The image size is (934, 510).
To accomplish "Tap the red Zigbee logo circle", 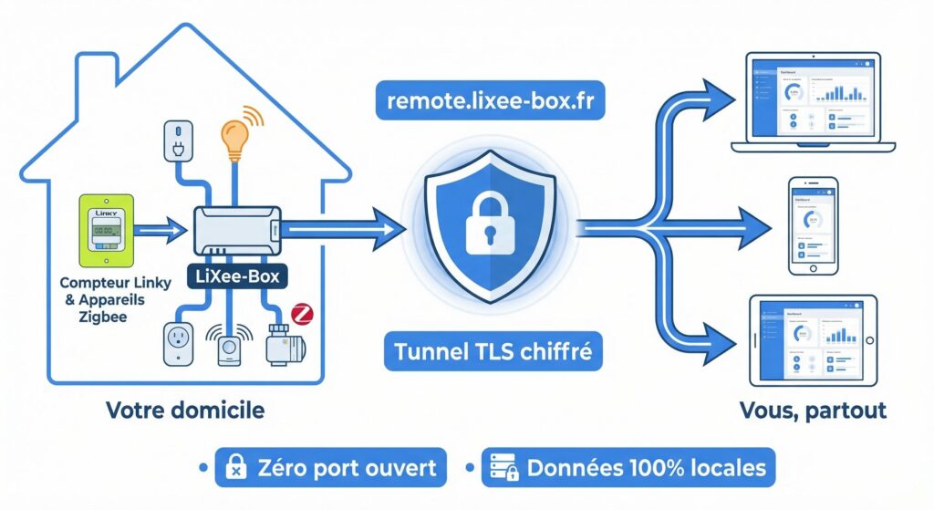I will coord(302,317).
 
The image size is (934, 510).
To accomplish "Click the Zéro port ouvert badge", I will coord(331,469).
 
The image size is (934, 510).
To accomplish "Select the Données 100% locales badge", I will coord(628,469).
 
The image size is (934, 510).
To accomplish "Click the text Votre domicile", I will coord(185,410).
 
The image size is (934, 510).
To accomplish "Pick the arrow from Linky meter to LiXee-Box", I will coord(161,233).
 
